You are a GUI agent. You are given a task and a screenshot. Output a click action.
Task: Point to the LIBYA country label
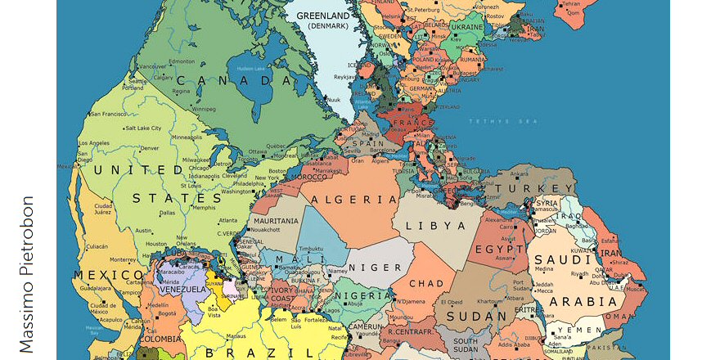click(439, 225)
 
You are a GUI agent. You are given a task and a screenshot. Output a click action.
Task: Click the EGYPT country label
click(499, 249)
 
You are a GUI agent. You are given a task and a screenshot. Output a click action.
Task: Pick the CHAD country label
click(426, 284)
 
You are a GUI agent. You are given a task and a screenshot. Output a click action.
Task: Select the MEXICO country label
click(106, 275)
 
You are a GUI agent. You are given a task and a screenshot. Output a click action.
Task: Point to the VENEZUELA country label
click(182, 290)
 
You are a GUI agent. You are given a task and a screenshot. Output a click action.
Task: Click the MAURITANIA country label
click(276, 221)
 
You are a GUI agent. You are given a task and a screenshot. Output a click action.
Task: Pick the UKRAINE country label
click(467, 27)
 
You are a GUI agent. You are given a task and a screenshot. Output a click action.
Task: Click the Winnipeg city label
click(203, 108)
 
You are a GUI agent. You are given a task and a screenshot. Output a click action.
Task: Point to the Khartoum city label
click(488, 300)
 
